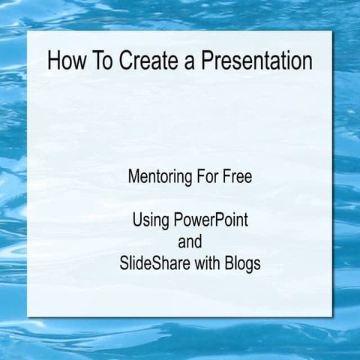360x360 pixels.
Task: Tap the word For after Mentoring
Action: (x=207, y=178)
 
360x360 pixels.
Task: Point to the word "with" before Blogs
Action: (x=212, y=264)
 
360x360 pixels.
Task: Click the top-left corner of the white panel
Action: (x=28, y=34)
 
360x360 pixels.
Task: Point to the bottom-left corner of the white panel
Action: (x=28, y=316)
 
